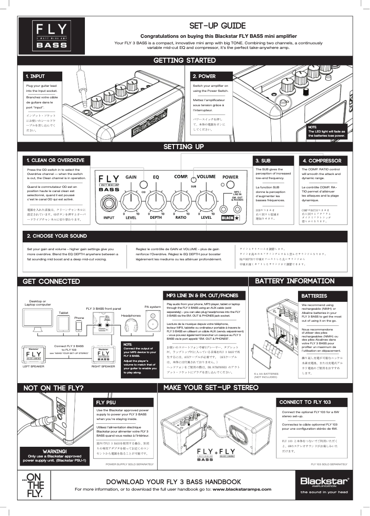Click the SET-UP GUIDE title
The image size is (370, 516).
point(217,26)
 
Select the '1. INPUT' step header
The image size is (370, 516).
point(36,76)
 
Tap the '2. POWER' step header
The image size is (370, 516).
point(204,76)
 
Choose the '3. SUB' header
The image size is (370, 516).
point(263,161)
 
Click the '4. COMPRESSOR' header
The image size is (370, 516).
point(322,161)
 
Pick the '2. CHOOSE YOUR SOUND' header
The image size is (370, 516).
point(57,236)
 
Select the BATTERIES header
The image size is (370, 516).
point(314,295)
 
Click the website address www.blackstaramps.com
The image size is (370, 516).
point(242,489)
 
